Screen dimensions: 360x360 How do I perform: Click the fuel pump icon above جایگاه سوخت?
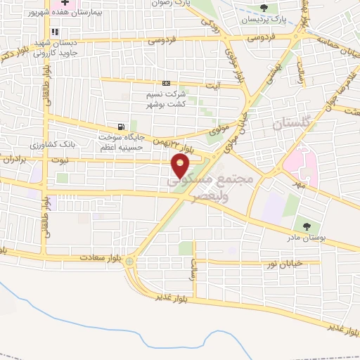(123, 127)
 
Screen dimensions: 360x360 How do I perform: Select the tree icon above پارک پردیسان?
(264, 8)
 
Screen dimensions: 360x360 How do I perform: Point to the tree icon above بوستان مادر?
(306, 226)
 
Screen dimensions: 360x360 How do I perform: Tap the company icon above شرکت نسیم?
(166, 84)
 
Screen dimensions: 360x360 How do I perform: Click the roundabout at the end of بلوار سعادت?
(130, 262)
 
